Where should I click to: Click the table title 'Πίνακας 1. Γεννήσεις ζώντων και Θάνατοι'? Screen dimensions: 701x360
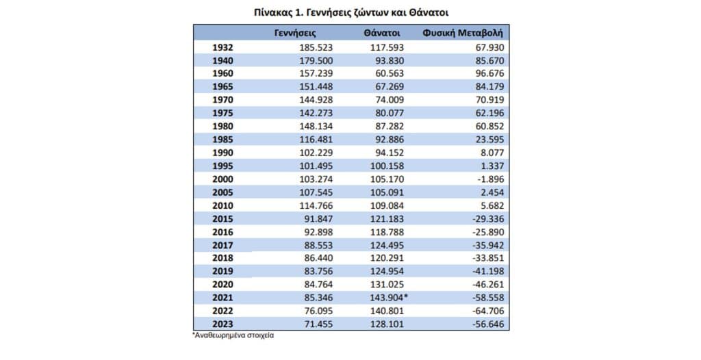(x=351, y=12)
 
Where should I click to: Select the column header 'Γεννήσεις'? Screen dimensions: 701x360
(x=295, y=33)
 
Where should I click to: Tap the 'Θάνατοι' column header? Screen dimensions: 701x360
(x=382, y=33)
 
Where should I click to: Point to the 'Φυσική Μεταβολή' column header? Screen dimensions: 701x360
(x=463, y=33)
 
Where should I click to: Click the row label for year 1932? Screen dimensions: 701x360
(x=222, y=47)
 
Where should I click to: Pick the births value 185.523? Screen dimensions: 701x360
(x=316, y=47)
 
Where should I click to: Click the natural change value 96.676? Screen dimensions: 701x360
(x=489, y=73)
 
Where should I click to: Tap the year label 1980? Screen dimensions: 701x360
(x=222, y=126)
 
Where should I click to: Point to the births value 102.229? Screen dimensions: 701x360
(x=316, y=153)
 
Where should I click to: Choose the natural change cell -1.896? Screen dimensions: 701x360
(x=491, y=179)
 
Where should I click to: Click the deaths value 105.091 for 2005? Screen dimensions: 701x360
(x=387, y=192)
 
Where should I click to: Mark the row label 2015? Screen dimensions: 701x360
(x=222, y=219)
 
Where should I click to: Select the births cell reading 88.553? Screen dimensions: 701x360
(x=318, y=245)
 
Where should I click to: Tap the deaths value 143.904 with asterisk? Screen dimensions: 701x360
(x=389, y=298)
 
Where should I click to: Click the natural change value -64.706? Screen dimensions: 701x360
(x=488, y=311)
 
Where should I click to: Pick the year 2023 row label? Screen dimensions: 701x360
(x=222, y=324)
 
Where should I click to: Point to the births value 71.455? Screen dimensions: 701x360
(x=318, y=324)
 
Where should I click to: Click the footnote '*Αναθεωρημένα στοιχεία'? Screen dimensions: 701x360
(x=233, y=335)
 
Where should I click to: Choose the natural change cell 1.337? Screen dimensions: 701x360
(x=492, y=166)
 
